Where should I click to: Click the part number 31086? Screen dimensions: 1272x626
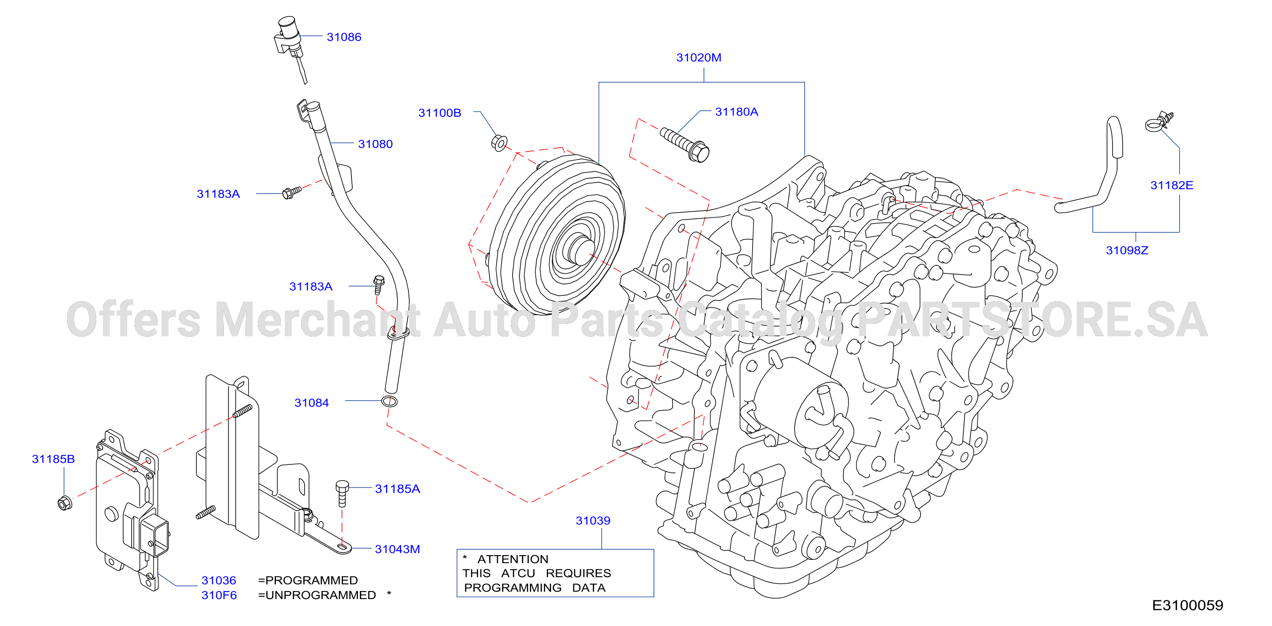(344, 37)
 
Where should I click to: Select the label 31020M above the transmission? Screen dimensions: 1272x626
(698, 58)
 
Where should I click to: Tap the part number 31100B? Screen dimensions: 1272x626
(440, 113)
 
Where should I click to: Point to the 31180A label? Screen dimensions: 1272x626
(736, 112)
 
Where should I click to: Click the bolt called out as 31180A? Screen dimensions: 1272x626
(685, 144)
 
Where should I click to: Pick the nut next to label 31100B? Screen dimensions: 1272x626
(499, 143)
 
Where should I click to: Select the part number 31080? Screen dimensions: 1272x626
(375, 144)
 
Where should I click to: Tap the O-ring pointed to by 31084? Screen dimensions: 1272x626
(389, 401)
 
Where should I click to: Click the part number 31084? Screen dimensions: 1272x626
(312, 403)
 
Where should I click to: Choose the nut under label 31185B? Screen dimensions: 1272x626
(65, 502)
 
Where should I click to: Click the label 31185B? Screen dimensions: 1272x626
(53, 459)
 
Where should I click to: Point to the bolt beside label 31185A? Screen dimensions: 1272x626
(342, 493)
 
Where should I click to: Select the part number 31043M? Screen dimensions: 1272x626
(397, 549)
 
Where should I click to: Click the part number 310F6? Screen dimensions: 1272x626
(219, 595)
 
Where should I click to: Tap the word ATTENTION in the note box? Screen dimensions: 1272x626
(513, 559)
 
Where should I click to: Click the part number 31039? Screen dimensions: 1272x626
(593, 521)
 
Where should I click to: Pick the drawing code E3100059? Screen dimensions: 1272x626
(1188, 605)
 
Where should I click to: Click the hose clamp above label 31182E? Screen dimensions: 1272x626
(1159, 122)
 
